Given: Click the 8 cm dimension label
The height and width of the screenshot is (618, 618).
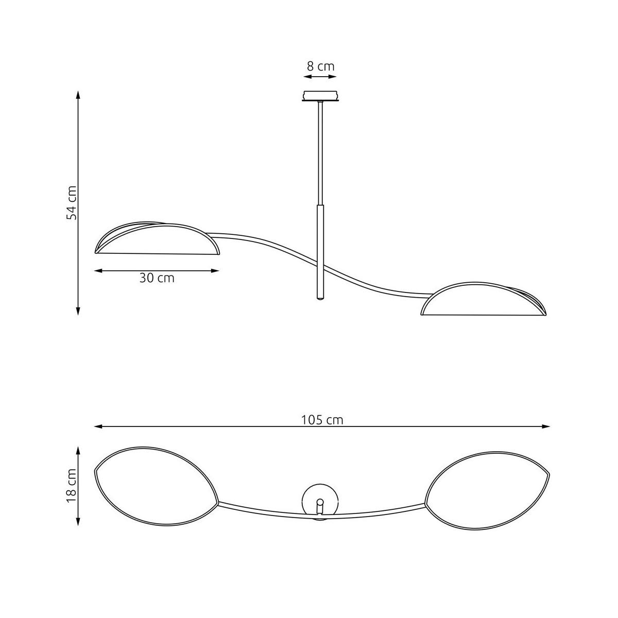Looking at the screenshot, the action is coord(320,66).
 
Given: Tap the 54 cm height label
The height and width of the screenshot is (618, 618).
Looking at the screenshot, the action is coord(72,203).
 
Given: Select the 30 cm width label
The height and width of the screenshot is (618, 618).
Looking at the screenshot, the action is coord(157,278).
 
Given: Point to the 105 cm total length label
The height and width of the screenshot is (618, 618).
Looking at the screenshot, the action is coord(322,420).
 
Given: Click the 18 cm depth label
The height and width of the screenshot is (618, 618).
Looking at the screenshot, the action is coord(72,486).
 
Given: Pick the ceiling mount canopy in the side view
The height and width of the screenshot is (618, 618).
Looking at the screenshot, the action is coord(320,96).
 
